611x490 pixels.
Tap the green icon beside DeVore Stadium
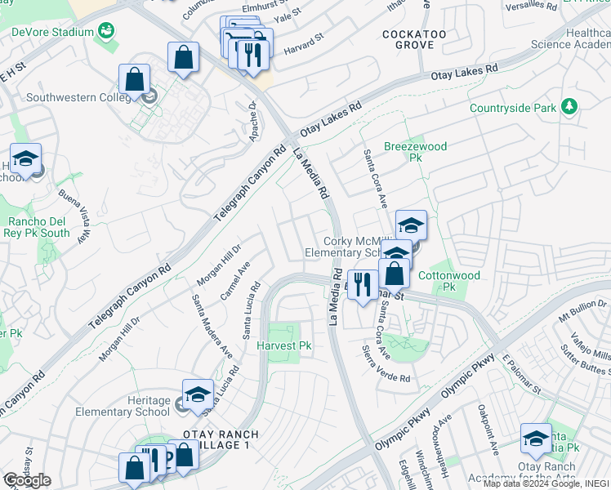click(105, 32)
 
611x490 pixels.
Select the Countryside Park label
click(513, 108)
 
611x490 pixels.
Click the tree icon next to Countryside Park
click(569, 107)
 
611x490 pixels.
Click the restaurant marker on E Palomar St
click(363, 286)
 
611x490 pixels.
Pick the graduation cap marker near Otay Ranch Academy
click(536, 439)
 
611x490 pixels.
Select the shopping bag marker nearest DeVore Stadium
click(183, 57)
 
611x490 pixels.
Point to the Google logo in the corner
click(26, 480)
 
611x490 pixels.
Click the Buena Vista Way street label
click(74, 216)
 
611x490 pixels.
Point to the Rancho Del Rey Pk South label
click(38, 227)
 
